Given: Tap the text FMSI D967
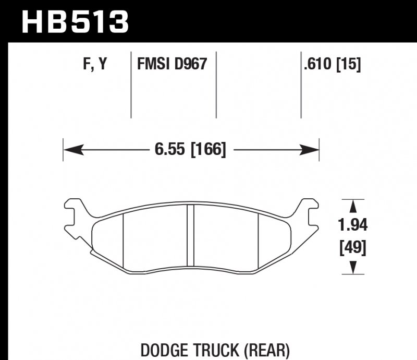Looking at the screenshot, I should pyautogui.click(x=172, y=64).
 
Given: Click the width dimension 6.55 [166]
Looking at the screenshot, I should pyautogui.click(x=190, y=150).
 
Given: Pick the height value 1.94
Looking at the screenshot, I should pyautogui.click(x=353, y=225).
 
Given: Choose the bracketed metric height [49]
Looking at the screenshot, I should pyautogui.click(x=353, y=247).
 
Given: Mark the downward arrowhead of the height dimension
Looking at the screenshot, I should pyautogui.click(x=353, y=268).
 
